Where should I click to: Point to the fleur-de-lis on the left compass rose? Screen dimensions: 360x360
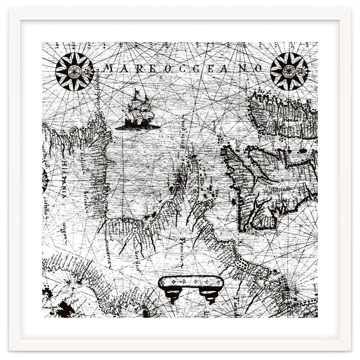tap(90, 71)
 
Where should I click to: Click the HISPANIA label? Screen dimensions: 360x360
tap(64, 179)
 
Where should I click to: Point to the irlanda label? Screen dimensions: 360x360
tap(291, 120)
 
